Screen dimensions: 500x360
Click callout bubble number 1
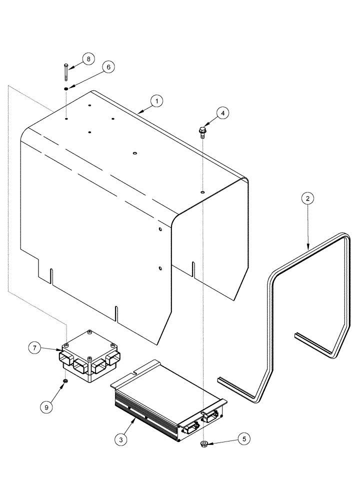coord(156,101)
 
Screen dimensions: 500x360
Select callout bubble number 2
coord(308,199)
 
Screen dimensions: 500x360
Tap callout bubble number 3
coord(119,440)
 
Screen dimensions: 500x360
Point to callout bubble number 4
coord(222,113)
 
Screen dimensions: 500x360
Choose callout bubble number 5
coord(243,439)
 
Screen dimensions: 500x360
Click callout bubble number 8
coord(88,58)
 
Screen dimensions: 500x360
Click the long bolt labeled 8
coord(66,72)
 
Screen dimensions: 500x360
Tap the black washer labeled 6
coord(66,88)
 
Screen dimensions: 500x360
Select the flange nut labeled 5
coord(204,443)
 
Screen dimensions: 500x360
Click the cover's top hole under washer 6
coord(66,119)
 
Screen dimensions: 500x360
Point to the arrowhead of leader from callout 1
coord(138,114)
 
